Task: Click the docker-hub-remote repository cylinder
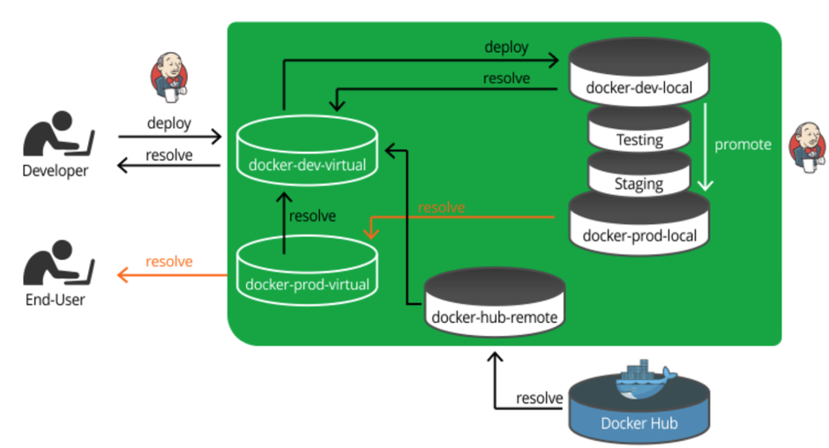click(494, 305)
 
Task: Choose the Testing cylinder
click(639, 131)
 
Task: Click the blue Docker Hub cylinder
click(639, 414)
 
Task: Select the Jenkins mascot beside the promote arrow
click(804, 146)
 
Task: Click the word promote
click(742, 145)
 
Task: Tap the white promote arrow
click(706, 146)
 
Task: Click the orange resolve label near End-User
click(169, 261)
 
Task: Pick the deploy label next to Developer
click(168, 123)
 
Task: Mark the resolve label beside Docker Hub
click(539, 398)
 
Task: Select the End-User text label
click(56, 301)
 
